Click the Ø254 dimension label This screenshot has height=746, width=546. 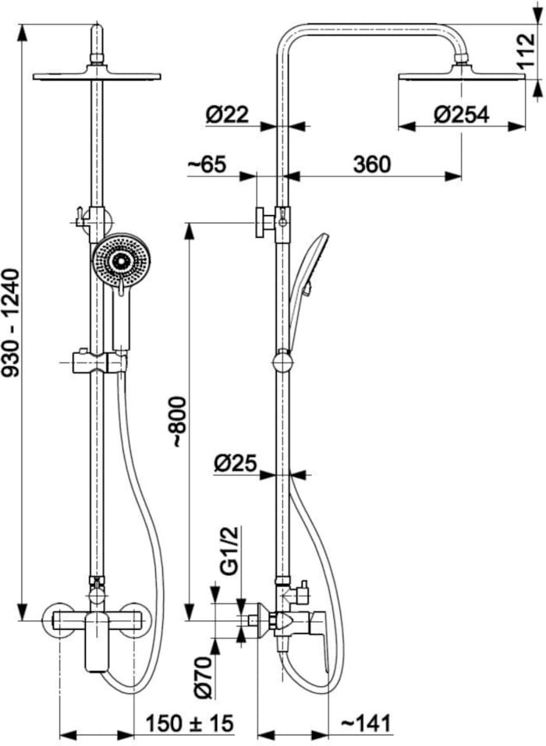click(461, 115)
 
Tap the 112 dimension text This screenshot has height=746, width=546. click(526, 52)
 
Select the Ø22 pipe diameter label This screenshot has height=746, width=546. click(227, 115)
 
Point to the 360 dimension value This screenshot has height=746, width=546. click(372, 164)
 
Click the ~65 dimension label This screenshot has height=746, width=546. click(207, 164)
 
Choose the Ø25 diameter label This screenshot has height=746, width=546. click(235, 463)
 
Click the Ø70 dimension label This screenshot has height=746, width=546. click(204, 677)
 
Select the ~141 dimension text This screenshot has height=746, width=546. click(366, 723)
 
